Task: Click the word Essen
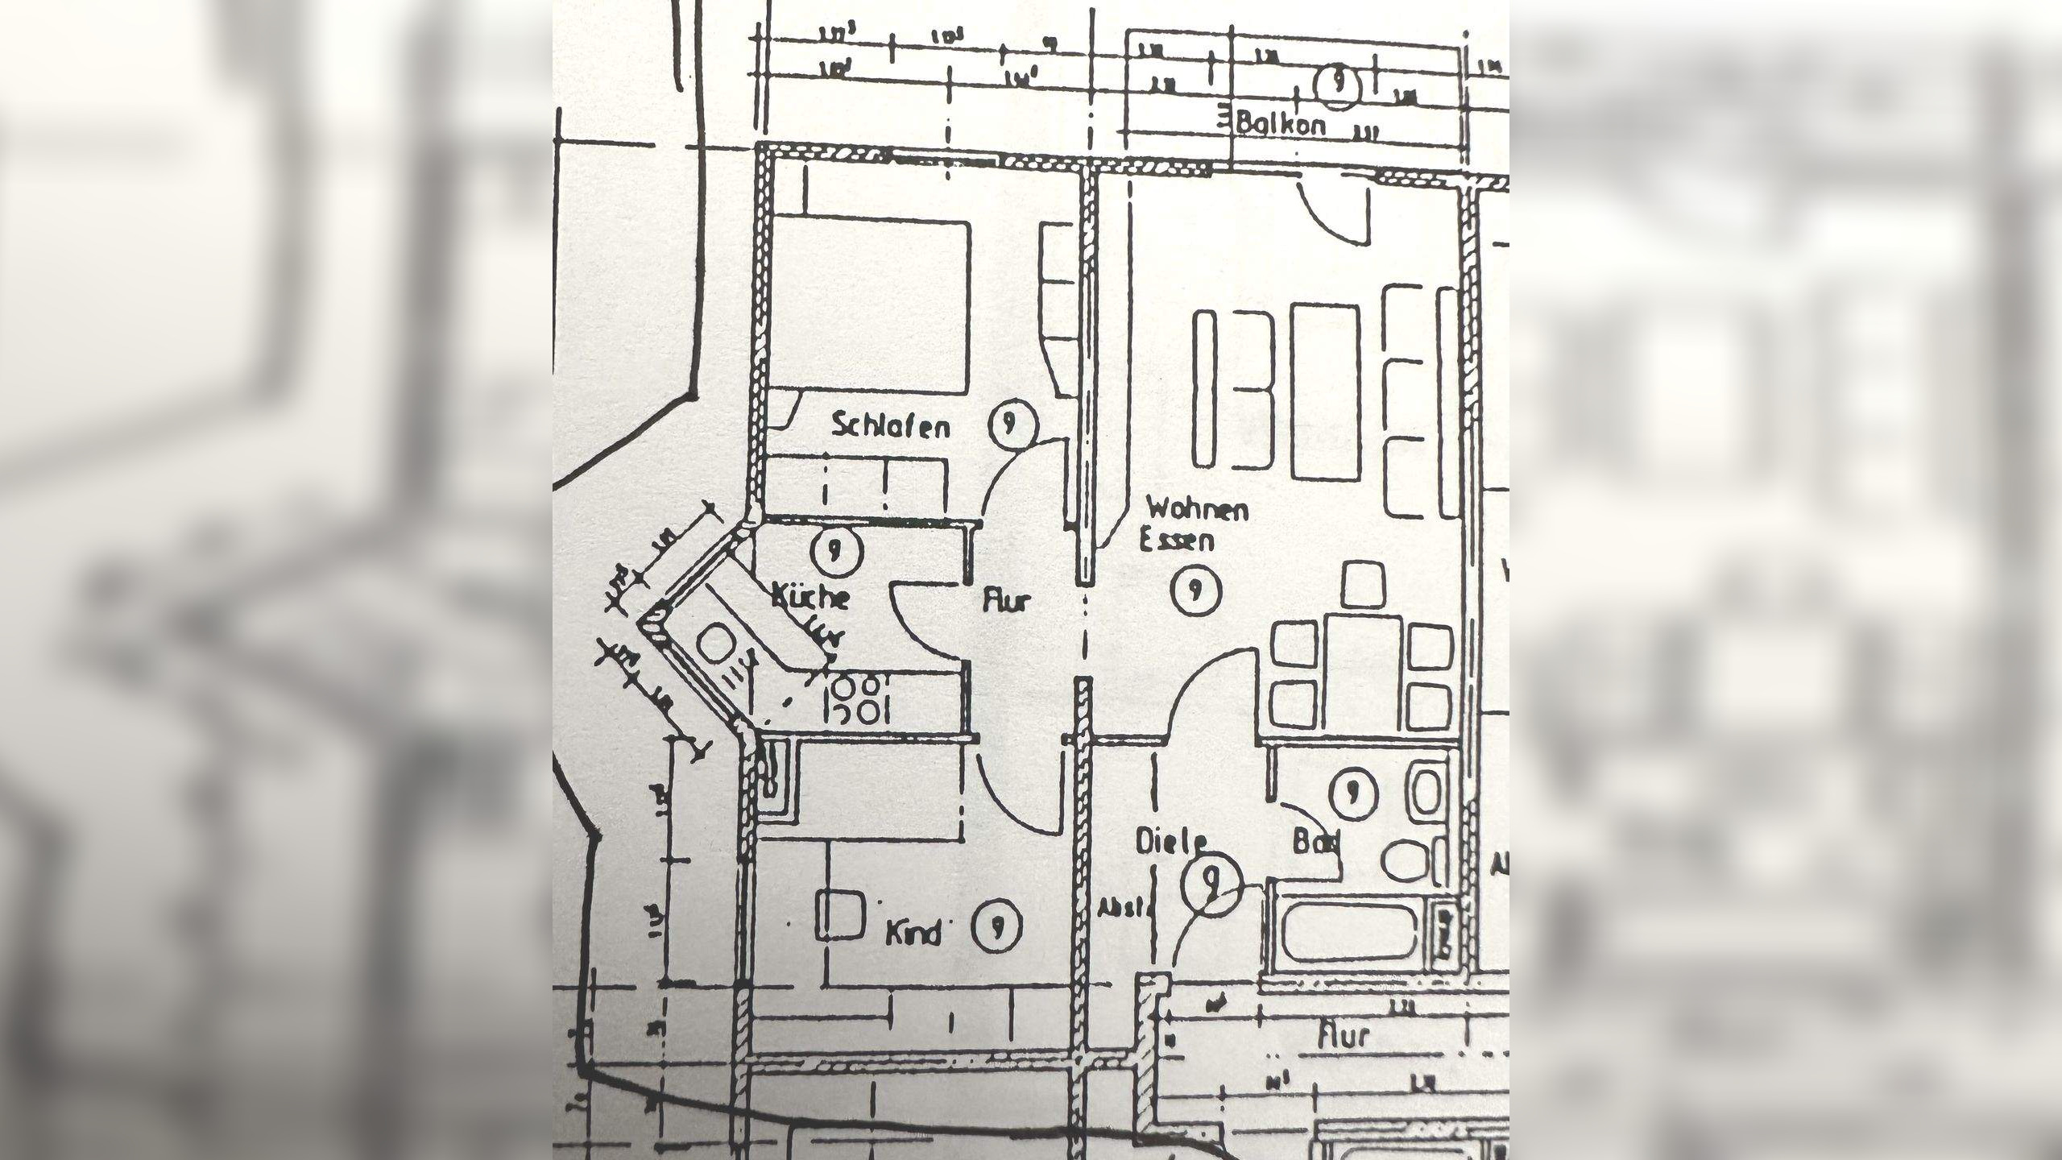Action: [1177, 539]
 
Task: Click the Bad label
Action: [1316, 843]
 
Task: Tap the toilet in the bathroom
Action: [1410, 860]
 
